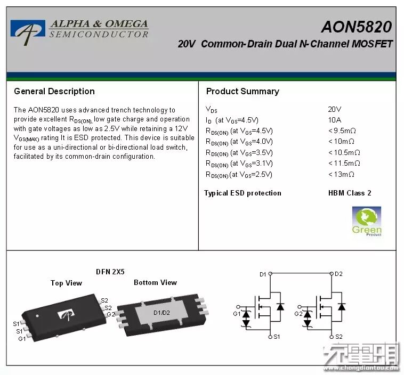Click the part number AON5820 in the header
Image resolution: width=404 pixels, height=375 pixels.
[x=356, y=27]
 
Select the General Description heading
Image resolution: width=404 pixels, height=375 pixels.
[x=54, y=91]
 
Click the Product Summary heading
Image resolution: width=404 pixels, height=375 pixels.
[x=243, y=91]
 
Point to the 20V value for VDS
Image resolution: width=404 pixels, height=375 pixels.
[x=335, y=109]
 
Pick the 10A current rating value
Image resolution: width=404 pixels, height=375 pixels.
[x=335, y=120]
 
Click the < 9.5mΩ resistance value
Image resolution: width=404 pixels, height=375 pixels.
[x=342, y=131]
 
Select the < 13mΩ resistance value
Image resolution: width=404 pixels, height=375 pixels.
[x=341, y=174]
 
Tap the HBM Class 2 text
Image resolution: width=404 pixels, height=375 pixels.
[x=350, y=193]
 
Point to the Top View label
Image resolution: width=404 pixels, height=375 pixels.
[x=66, y=283]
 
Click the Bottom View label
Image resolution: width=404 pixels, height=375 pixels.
[x=155, y=282]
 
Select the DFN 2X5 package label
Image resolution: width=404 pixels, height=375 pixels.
[x=110, y=271]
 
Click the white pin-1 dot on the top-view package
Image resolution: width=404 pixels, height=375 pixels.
[x=37, y=315]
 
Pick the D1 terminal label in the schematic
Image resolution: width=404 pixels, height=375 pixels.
[x=262, y=274]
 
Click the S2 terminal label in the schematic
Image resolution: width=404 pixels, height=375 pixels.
[x=339, y=337]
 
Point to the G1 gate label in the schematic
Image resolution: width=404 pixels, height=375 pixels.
[x=237, y=314]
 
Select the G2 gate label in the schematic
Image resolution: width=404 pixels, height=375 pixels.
[x=298, y=314]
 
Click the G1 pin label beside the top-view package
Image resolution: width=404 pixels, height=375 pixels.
[x=22, y=338]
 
